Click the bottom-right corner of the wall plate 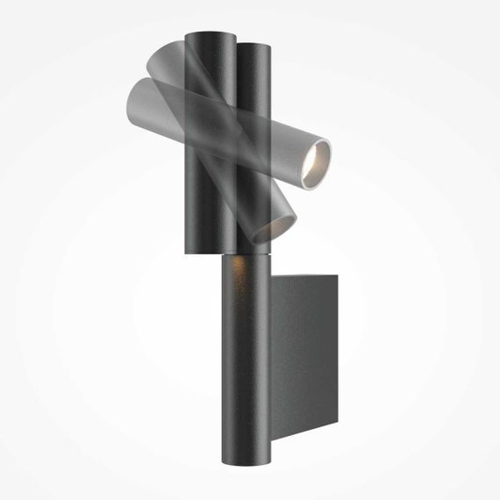coord(338,430)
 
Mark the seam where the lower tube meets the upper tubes coord(246,254)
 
